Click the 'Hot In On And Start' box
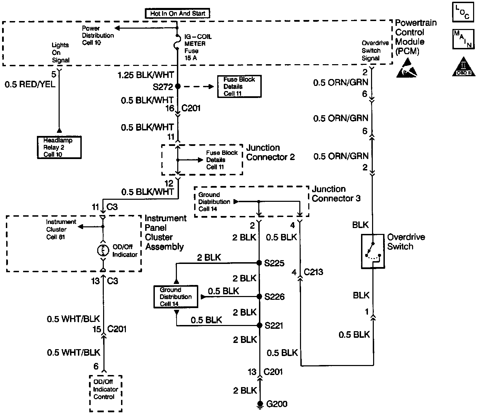(x=178, y=14)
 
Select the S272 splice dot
(x=178, y=87)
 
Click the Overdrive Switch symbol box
(x=373, y=251)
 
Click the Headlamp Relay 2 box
(x=59, y=147)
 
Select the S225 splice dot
(x=260, y=263)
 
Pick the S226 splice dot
(x=260, y=296)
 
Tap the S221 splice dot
(x=260, y=325)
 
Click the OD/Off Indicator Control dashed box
(x=106, y=393)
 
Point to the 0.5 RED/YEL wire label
(x=30, y=85)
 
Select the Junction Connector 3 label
(x=336, y=194)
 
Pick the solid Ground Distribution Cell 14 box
(x=176, y=297)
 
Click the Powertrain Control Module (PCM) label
(x=415, y=37)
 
